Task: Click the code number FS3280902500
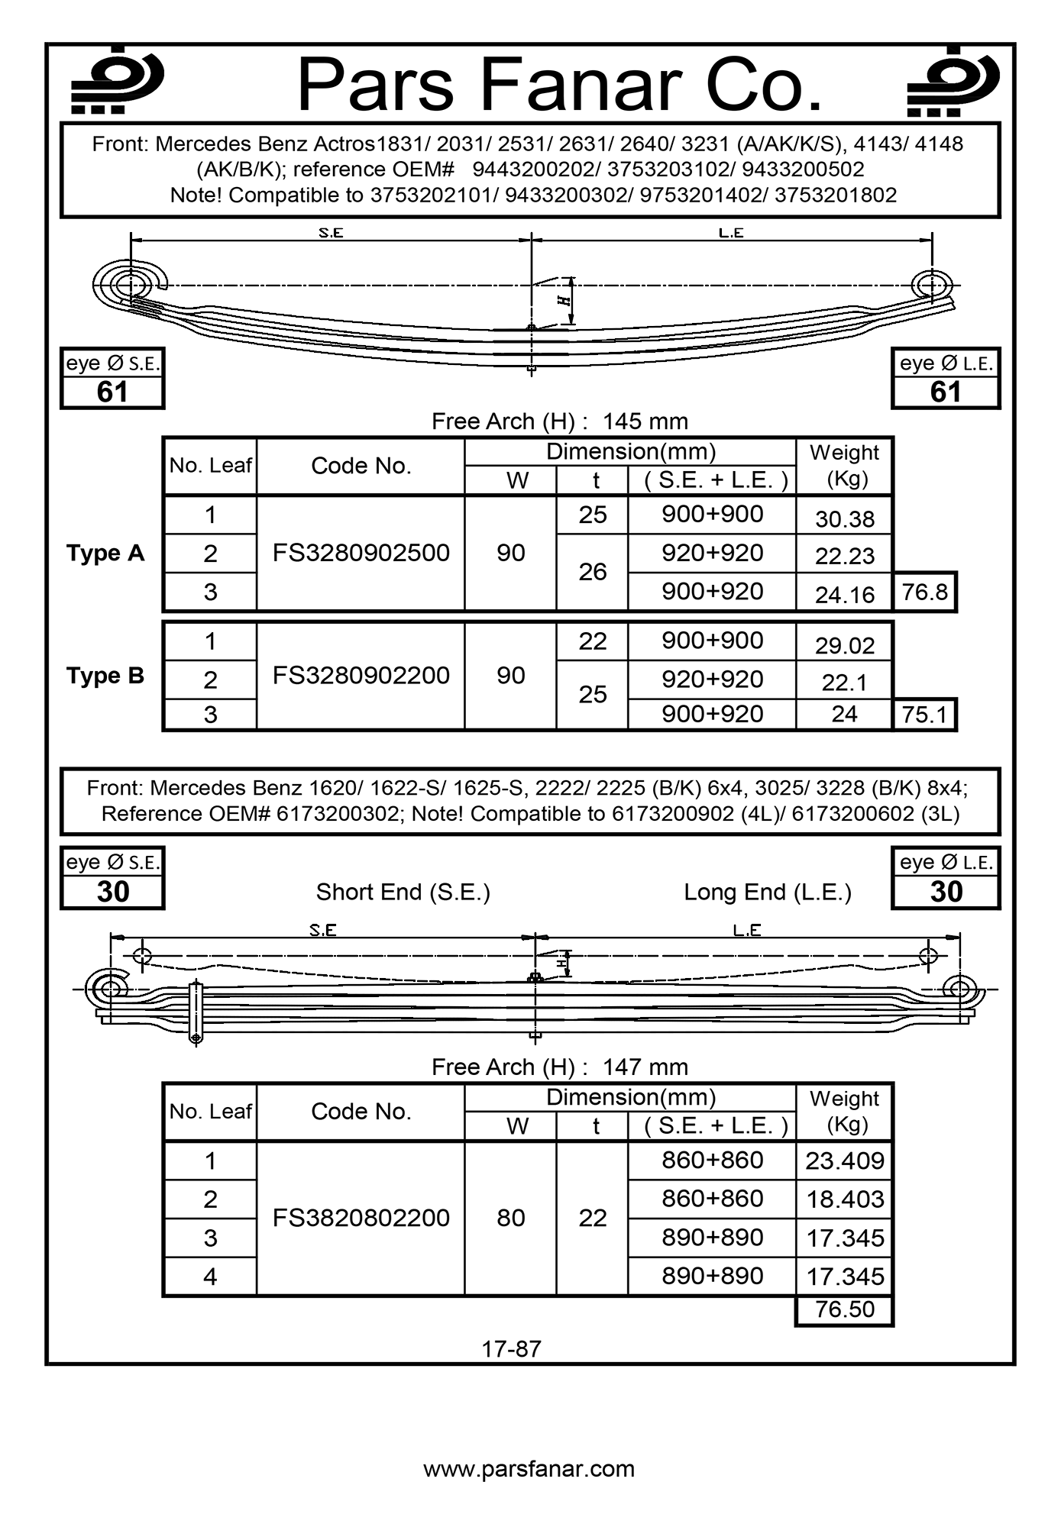tap(361, 553)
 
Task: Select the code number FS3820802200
tap(361, 1218)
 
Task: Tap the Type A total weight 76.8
tap(924, 592)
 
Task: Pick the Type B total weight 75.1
tap(924, 715)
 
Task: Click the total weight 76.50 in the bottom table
tap(844, 1309)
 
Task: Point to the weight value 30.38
tap(844, 519)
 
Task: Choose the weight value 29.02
tap(844, 646)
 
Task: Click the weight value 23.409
tap(844, 1161)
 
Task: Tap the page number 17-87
tap(511, 1349)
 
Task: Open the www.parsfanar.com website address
tap(529, 1469)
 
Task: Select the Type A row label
tap(105, 553)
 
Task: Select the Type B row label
tap(105, 676)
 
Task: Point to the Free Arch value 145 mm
tap(645, 421)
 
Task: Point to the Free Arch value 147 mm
tap(645, 1067)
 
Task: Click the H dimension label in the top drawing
tap(564, 300)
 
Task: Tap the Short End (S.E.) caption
tap(403, 893)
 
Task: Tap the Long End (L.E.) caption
tap(767, 893)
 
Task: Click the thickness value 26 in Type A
tap(592, 572)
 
